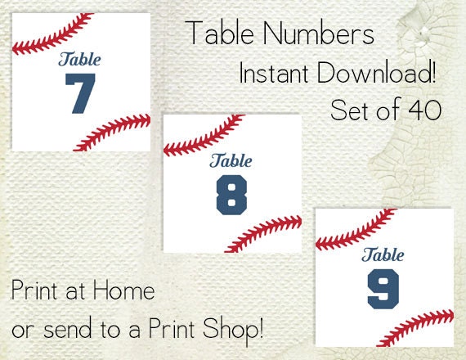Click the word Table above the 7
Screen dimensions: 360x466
pyautogui.click(x=80, y=59)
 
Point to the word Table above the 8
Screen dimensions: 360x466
pyautogui.click(x=232, y=160)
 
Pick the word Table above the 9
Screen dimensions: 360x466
pyautogui.click(x=383, y=254)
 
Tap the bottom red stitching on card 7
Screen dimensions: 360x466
pyautogui.click(x=114, y=131)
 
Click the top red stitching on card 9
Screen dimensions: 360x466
pyautogui.click(x=352, y=229)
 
